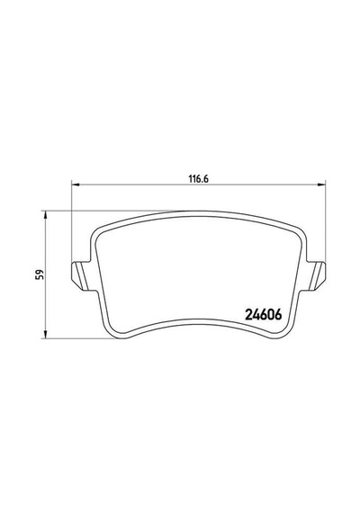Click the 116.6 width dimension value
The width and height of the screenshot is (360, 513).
[x=198, y=179]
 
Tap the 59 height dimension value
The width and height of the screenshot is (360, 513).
[x=40, y=274]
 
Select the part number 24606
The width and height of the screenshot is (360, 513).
[x=264, y=315]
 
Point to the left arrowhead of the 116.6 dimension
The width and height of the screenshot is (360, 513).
[x=76, y=185]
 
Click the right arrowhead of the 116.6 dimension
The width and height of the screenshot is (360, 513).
[x=322, y=185]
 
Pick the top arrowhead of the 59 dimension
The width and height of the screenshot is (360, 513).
[x=46, y=215]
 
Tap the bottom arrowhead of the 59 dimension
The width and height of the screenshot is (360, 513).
[x=46, y=335]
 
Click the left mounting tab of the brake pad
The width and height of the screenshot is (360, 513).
[x=80, y=275]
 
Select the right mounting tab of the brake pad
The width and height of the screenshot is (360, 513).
[x=317, y=275]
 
